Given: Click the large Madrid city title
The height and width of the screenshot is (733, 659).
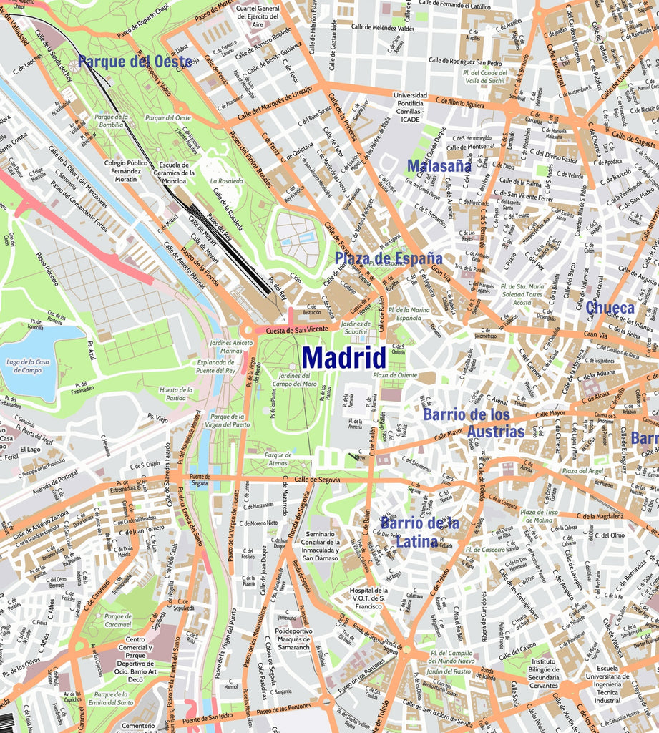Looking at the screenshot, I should point(343,357).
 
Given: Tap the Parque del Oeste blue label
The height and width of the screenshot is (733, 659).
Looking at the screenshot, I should point(135,62).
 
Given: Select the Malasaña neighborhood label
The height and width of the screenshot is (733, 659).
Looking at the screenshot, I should point(439,166).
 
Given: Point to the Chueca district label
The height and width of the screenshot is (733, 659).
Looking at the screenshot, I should point(610,308).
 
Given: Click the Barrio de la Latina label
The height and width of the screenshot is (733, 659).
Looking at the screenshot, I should point(419,532).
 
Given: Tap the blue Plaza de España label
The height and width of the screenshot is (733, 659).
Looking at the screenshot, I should point(389,258).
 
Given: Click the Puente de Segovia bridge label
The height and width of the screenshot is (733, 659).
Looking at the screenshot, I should point(200,480).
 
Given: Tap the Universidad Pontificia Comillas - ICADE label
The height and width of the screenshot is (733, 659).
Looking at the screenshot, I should point(410,107).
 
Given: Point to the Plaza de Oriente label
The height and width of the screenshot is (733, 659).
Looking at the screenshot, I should point(394,375).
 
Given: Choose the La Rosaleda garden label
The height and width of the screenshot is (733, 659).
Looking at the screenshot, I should point(226,182).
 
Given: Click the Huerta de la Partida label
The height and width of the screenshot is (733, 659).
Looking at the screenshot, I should point(176,394).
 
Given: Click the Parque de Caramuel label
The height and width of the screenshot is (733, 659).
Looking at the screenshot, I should point(118,620).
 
